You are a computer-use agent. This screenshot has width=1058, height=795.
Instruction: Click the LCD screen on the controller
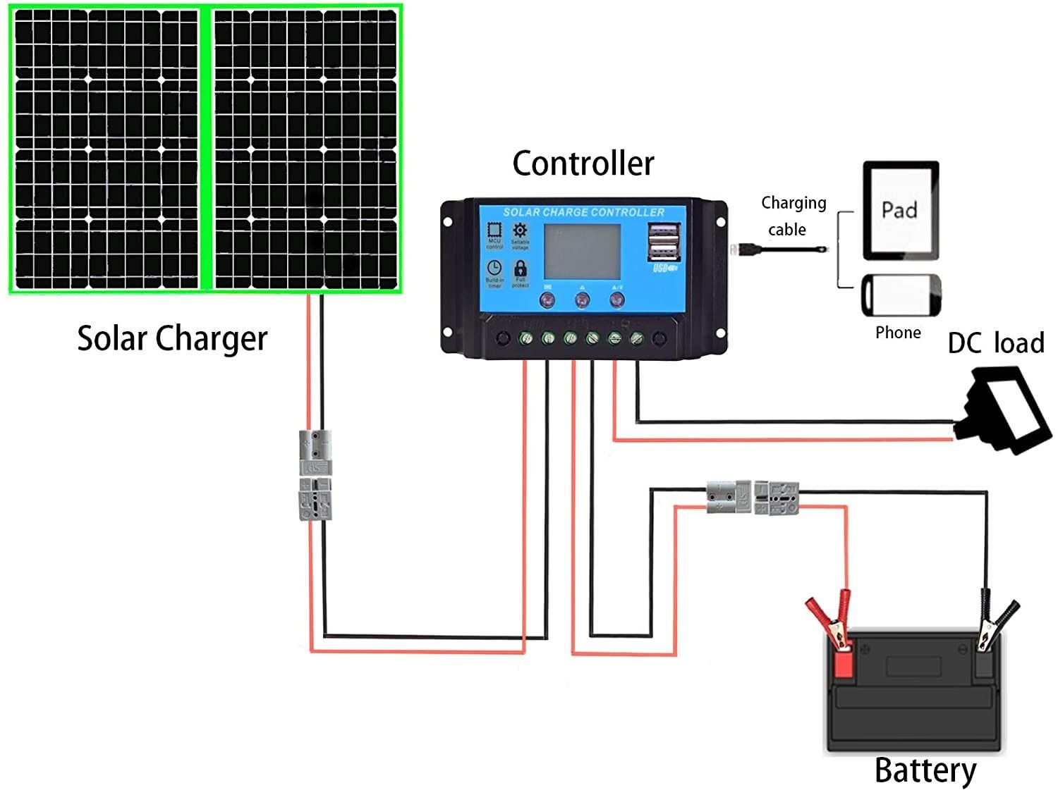coord(582,252)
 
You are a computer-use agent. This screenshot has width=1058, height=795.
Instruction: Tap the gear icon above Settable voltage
coord(520,230)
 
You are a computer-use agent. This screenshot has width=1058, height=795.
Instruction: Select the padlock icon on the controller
coord(520,269)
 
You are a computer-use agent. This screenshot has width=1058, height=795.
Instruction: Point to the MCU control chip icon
coord(494,230)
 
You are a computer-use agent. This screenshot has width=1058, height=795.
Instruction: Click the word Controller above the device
coord(583,164)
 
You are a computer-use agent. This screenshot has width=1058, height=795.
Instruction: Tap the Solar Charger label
coord(172,338)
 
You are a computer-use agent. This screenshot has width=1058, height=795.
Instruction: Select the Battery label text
coord(925,770)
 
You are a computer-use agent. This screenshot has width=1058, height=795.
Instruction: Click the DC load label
coord(995,343)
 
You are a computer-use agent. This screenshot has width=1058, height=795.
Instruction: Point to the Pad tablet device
coord(901,211)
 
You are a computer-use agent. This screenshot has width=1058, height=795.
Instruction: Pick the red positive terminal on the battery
coord(843,661)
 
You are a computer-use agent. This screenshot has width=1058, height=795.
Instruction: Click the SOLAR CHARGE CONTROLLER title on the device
coord(583,212)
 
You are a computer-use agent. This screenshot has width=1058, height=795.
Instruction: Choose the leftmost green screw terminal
coord(525,339)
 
